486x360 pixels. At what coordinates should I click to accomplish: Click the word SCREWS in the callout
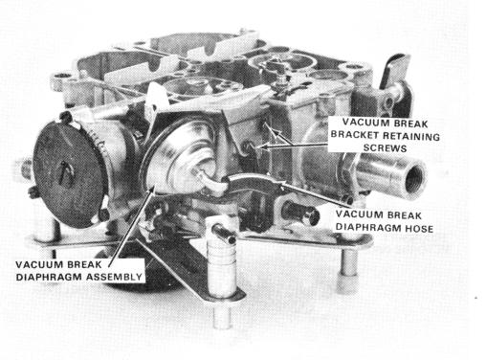coord(385,148)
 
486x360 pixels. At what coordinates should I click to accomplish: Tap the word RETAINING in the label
coord(411,136)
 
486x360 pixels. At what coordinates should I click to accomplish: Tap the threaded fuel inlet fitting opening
coord(414,179)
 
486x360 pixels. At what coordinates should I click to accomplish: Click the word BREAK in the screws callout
coord(410,124)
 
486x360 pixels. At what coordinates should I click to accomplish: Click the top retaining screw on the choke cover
coord(65,118)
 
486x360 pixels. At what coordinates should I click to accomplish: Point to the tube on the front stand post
coord(224,233)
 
